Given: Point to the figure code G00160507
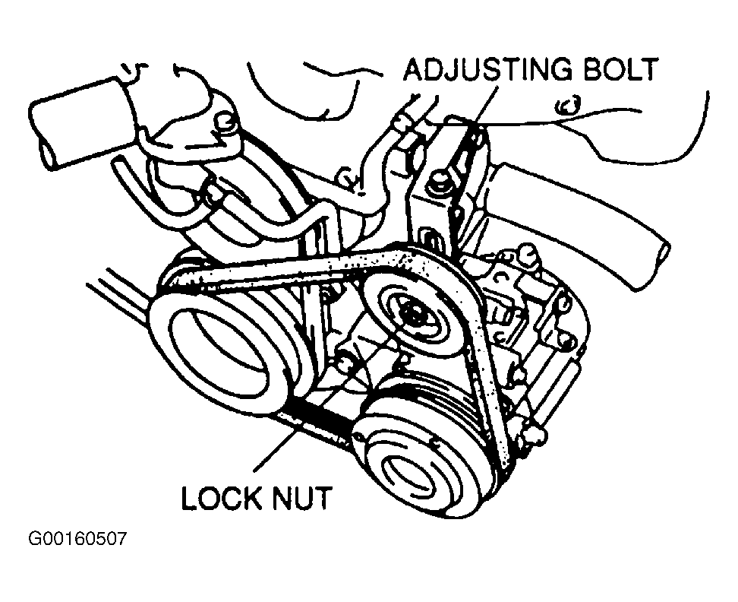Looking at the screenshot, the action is tap(77, 540).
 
